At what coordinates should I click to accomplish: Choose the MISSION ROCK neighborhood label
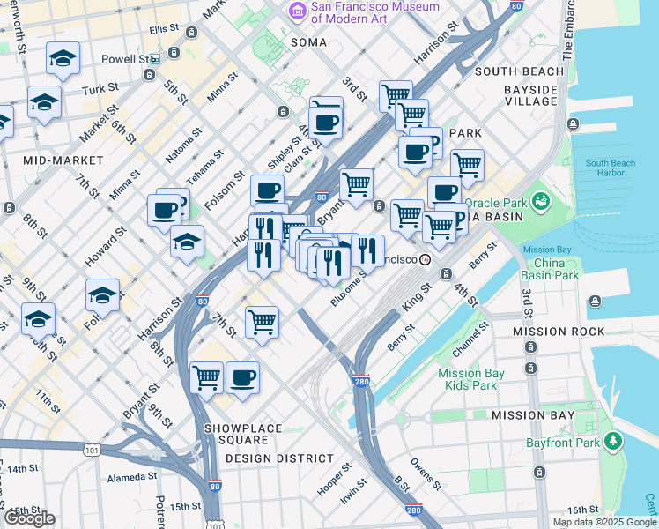[x=561, y=332]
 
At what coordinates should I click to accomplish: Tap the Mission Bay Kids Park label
[x=471, y=379]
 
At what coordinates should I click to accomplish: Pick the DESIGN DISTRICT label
[x=279, y=458]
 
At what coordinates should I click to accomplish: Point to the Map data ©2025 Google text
[x=603, y=522]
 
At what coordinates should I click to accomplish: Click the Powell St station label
[x=124, y=59]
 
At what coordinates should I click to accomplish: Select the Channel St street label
[x=471, y=333]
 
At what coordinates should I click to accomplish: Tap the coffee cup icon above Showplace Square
[x=242, y=377]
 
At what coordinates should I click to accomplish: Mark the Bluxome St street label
[x=348, y=290]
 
